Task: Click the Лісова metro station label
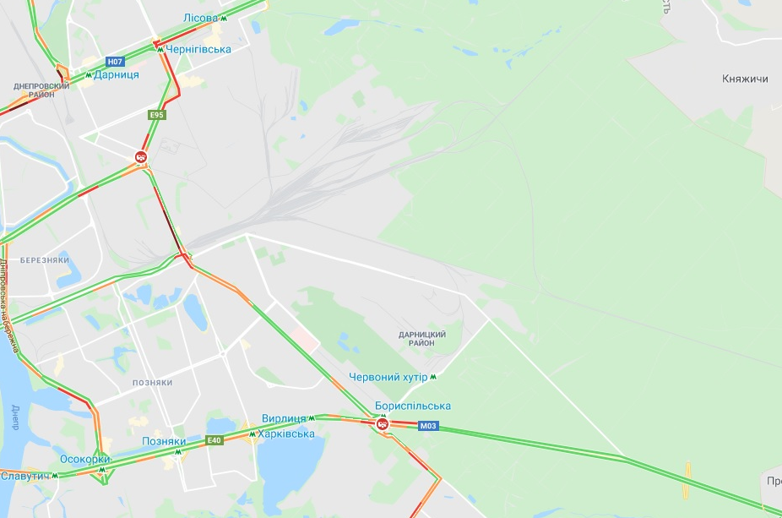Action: click(x=200, y=18)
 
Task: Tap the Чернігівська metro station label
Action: click(x=198, y=49)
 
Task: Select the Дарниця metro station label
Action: click(x=117, y=74)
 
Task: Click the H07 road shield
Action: click(x=115, y=62)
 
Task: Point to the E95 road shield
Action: click(x=156, y=114)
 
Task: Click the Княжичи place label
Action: click(x=745, y=79)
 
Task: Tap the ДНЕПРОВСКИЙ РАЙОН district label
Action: click(x=41, y=90)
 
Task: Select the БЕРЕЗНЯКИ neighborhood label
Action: click(x=45, y=260)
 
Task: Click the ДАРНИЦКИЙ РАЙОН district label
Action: click(x=422, y=339)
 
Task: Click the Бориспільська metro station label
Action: click(x=413, y=406)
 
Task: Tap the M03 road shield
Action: click(x=428, y=426)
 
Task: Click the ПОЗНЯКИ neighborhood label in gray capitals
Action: click(x=152, y=383)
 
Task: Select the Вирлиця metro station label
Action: click(x=284, y=418)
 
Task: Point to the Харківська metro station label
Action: click(x=286, y=433)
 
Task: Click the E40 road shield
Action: click(x=214, y=440)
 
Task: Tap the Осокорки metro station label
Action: click(x=84, y=459)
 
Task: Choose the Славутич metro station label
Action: click(x=24, y=476)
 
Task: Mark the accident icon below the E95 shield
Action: click(x=142, y=156)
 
